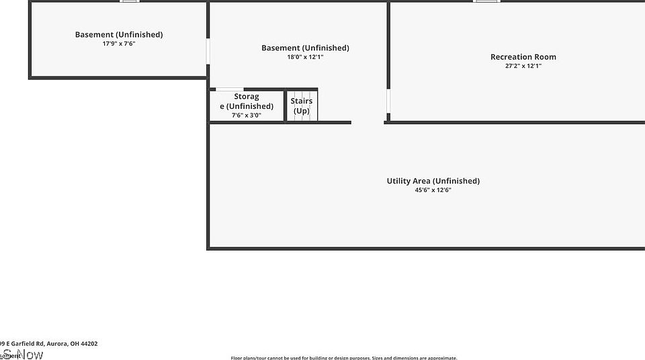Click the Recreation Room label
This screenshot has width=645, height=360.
coord(523,57)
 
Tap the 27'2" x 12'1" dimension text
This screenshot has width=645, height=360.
coord(523,66)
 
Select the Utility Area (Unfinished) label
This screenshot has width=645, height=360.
coord(433,181)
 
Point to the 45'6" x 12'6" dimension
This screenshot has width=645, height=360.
coord(433,190)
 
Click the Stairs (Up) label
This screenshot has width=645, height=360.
coord(302,106)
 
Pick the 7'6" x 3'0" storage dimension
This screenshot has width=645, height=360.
coord(247,116)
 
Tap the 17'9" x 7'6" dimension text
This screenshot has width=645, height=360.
coord(119,44)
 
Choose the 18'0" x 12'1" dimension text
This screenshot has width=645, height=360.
coord(305,57)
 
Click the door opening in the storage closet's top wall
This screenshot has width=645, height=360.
coord(230,89)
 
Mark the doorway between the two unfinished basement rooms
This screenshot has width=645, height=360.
coord(208,51)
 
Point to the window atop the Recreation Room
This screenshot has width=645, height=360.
coord(486,1)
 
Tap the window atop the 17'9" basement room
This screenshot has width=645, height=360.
coord(130,1)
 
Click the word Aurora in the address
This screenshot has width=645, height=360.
coord(56,344)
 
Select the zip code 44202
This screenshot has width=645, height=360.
coord(88,344)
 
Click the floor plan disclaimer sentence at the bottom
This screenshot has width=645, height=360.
coord(344,357)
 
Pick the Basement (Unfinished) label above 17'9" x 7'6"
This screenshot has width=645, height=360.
coord(119,34)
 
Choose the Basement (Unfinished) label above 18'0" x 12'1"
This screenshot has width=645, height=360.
coord(305,48)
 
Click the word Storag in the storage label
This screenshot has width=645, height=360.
coord(247,97)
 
